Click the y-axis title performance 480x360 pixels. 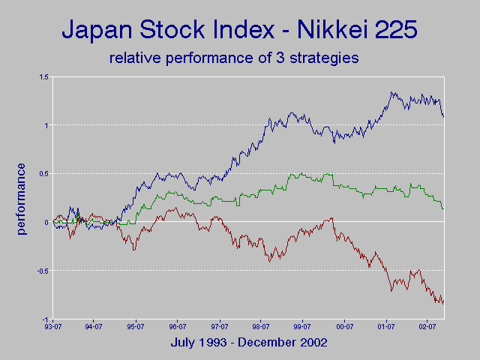[21, 198]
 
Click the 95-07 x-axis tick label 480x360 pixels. [136, 327]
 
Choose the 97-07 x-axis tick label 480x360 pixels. [220, 327]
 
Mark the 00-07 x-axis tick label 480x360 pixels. [345, 327]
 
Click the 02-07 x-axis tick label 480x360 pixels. [428, 327]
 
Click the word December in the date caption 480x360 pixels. [271, 342]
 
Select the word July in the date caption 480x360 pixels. [184, 342]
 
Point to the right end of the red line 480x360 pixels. [443, 302]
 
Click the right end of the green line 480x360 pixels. [443, 208]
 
